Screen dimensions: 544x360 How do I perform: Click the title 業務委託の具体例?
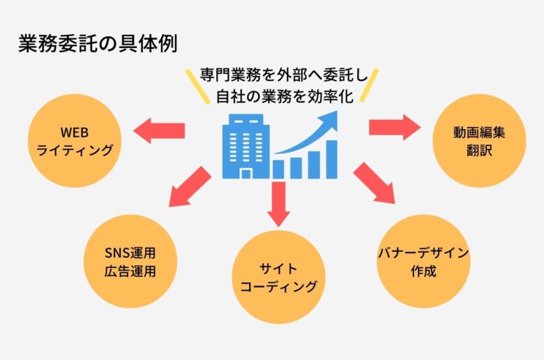[98, 43]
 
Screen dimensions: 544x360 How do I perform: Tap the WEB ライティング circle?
[75, 141]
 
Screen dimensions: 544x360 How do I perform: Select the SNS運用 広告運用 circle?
[130, 262]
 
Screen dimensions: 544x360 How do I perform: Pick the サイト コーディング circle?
[278, 278]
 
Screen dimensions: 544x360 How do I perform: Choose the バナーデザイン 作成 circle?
[423, 262]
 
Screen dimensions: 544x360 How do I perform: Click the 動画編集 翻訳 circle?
[479, 141]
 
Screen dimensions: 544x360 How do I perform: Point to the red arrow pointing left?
[159, 130]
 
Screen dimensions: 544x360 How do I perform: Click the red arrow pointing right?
[395, 127]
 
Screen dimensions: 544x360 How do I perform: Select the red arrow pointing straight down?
[278, 204]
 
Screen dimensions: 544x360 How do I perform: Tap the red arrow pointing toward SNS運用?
[189, 187]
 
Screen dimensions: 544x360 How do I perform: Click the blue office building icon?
[245, 146]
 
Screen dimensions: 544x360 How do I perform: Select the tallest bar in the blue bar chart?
[332, 159]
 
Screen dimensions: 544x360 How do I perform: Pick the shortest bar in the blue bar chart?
[278, 170]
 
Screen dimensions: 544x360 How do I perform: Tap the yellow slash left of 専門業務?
[197, 87]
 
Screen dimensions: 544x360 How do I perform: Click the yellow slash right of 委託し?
[369, 85]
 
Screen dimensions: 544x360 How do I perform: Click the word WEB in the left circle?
[74, 133]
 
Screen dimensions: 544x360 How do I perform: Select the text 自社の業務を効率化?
[285, 96]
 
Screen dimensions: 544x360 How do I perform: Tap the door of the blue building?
[246, 174]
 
